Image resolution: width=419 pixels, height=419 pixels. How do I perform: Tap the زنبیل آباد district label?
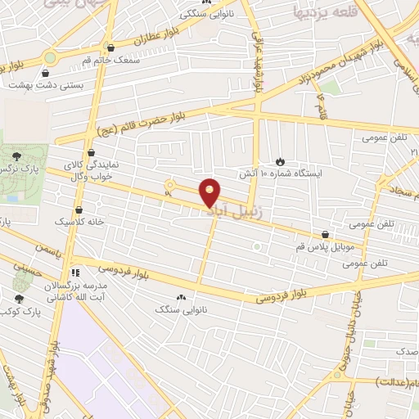223,210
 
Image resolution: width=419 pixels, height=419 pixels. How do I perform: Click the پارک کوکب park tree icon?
20,300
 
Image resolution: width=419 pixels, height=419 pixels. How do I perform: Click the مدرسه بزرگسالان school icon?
76,273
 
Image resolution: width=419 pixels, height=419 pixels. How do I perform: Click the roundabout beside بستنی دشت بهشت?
50,59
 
